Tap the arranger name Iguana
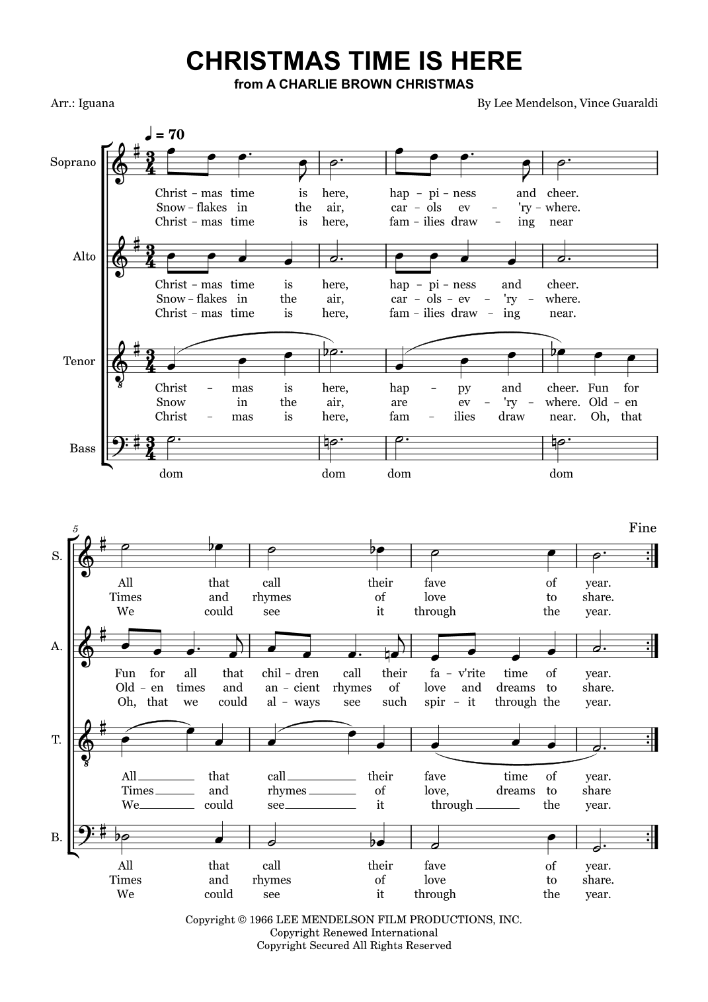tap(97, 103)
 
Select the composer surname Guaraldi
tap(632, 103)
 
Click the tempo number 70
tap(176, 134)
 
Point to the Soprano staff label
tap(73, 162)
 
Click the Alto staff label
tap(84, 256)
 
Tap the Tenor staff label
tap(79, 361)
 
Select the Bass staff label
tap(83, 448)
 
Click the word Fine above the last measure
tap(643, 527)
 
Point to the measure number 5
tap(75, 529)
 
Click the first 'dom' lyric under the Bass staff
tap(171, 474)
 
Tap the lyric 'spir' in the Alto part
tap(436, 702)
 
